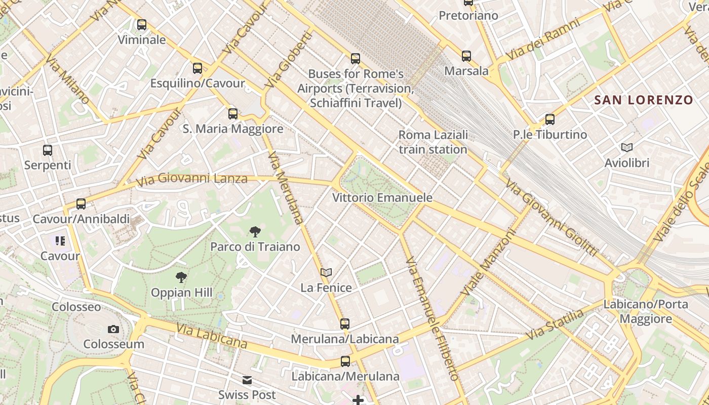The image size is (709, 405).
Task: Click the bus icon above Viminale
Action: pos(142,24)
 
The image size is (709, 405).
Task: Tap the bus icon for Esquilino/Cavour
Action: pos(198,68)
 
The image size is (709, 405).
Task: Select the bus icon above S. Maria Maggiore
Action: pos(233,113)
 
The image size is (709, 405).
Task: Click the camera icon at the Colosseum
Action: pos(113,329)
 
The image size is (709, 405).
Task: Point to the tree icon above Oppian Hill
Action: pos(181,277)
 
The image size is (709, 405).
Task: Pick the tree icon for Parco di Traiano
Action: pos(255,232)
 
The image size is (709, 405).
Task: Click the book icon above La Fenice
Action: pos(326,272)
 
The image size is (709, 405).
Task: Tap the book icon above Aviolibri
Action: pos(627,148)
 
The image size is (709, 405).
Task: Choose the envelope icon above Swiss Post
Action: pos(247,380)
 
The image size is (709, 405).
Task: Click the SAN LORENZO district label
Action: pos(643,100)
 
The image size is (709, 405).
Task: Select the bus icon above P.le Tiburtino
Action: pos(550,119)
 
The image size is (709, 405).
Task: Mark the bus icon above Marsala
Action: pos(466,56)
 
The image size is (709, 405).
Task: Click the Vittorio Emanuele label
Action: pos(382,197)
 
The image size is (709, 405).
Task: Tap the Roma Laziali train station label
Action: pos(433,142)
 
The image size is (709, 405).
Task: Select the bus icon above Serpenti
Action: pos(48,150)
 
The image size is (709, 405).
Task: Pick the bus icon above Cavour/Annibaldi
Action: pos(81,204)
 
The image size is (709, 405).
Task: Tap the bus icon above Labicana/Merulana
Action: pos(345,361)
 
